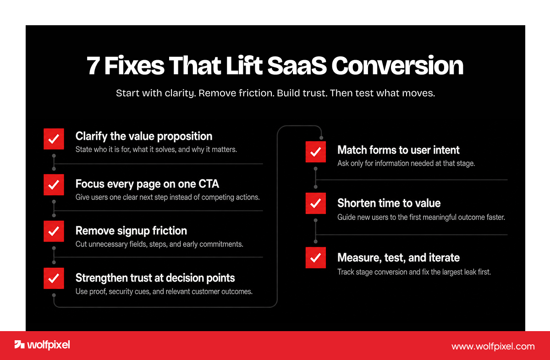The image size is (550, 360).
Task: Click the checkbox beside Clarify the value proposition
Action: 54,139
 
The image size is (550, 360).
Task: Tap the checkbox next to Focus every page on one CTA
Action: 54,185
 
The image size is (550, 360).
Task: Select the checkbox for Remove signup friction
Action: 54,231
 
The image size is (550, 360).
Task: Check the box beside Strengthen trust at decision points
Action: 54,278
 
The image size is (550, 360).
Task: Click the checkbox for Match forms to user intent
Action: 316,152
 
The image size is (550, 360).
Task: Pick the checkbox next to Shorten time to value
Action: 316,203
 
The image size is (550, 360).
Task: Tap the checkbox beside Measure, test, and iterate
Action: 316,258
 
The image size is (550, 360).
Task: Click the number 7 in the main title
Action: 93,66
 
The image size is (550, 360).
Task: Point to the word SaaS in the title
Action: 297,66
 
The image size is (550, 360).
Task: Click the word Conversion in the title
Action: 397,66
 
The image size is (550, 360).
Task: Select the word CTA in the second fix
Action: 209,184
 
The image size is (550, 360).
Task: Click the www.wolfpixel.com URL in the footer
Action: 493,347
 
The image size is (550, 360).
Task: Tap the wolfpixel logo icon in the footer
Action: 19,344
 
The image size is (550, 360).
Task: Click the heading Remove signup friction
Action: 131,231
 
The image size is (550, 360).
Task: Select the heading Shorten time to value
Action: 389,203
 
